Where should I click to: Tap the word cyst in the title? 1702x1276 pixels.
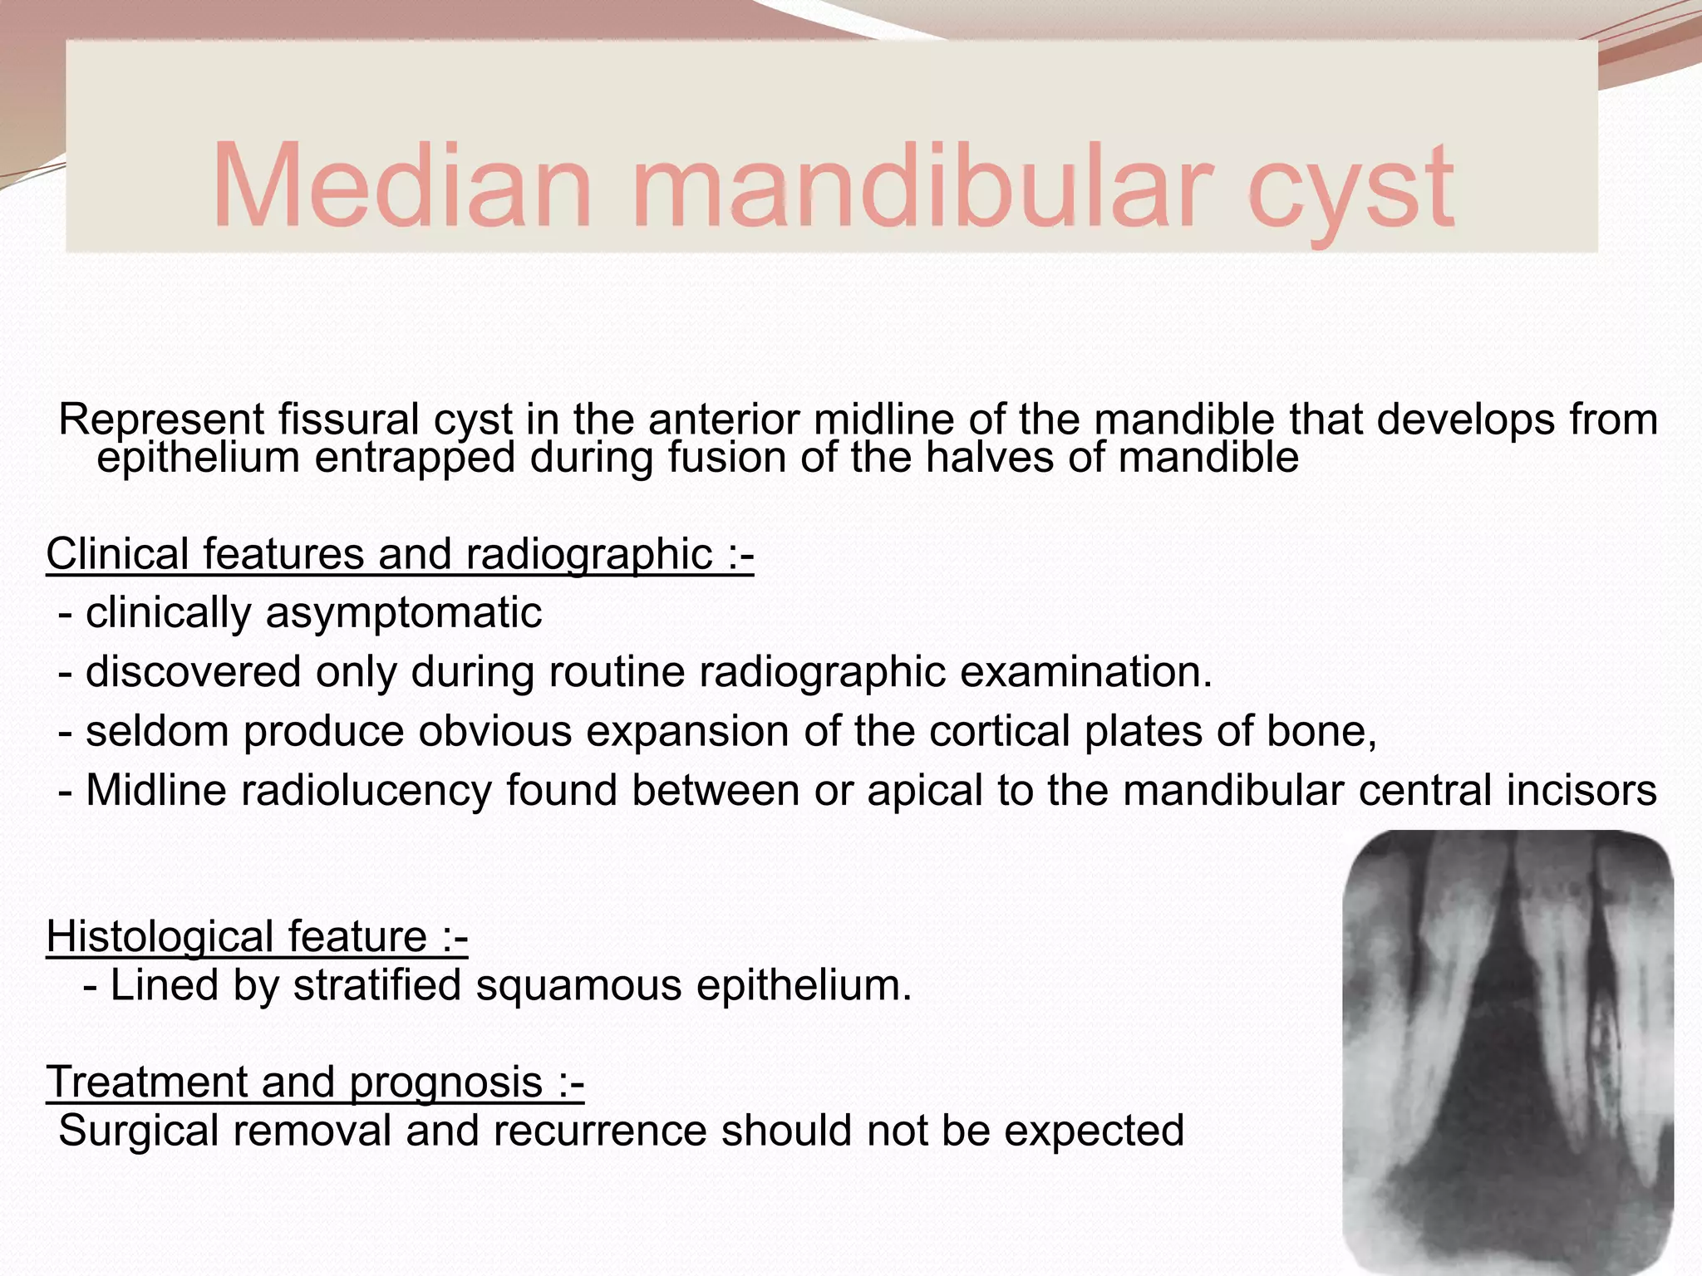(1350, 189)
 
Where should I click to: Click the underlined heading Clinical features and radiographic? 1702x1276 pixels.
(400, 554)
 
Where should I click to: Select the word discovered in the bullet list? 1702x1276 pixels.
(193, 672)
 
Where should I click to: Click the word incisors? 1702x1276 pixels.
(1581, 790)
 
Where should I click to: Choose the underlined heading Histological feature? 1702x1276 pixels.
(257, 937)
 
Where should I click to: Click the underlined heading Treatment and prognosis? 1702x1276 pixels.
(315, 1082)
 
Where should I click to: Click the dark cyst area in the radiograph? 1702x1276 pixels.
(1496, 1080)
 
